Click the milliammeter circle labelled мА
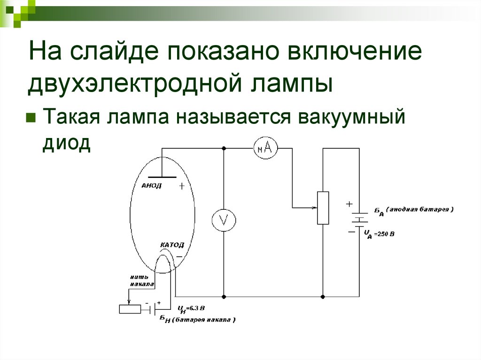265,148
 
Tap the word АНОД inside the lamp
151,186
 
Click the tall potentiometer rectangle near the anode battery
323,208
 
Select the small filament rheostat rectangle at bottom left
130,309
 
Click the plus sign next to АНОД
182,186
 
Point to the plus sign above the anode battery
349,204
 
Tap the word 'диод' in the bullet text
66,143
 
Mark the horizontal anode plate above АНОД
162,177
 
